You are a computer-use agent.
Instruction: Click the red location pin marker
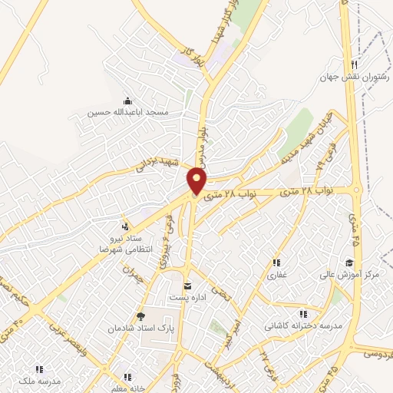tap(198, 181)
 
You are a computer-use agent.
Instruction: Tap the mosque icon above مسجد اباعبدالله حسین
tap(127, 101)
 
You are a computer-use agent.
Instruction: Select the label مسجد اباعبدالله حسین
tap(128, 113)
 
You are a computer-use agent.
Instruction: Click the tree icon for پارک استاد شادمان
tap(140, 315)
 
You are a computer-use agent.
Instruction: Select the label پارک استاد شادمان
tap(140, 327)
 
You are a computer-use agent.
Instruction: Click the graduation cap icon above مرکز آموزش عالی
tap(357, 262)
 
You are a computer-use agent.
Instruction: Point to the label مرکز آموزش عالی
tap(357, 274)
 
